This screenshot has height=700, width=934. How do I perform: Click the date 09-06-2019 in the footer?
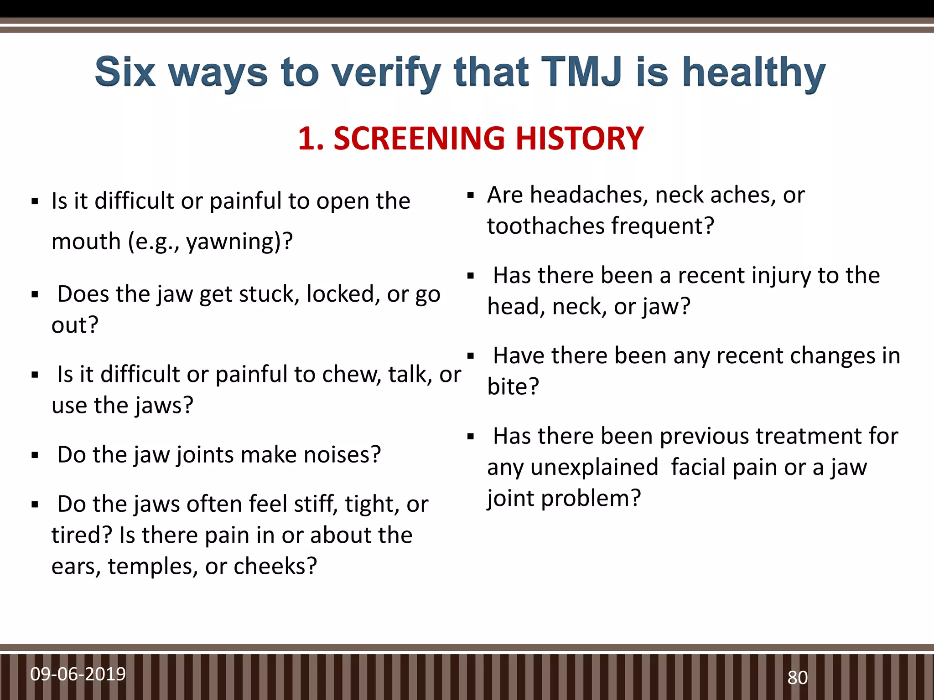point(78,674)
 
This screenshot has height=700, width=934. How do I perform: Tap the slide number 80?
point(798,678)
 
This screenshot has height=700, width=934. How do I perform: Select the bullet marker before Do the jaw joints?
point(35,455)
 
